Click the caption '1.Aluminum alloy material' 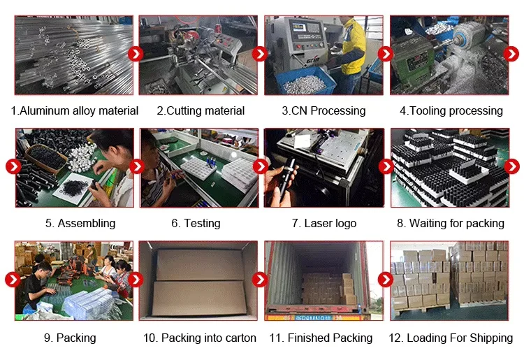pyautogui.click(x=75, y=110)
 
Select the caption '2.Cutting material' pyautogui.click(x=201, y=110)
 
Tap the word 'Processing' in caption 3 pyautogui.click(x=338, y=110)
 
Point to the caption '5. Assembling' pyautogui.click(x=80, y=223)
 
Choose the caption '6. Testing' pyautogui.click(x=196, y=223)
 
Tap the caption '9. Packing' pyautogui.click(x=70, y=338)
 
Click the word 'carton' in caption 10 pyautogui.click(x=240, y=338)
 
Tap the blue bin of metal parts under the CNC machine pyautogui.click(x=305, y=81)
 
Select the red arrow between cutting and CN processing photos pyautogui.click(x=260, y=54)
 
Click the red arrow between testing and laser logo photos pyautogui.click(x=261, y=166)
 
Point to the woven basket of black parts pyautogui.click(x=46, y=158)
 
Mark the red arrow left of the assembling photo pyautogui.click(x=13, y=166)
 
